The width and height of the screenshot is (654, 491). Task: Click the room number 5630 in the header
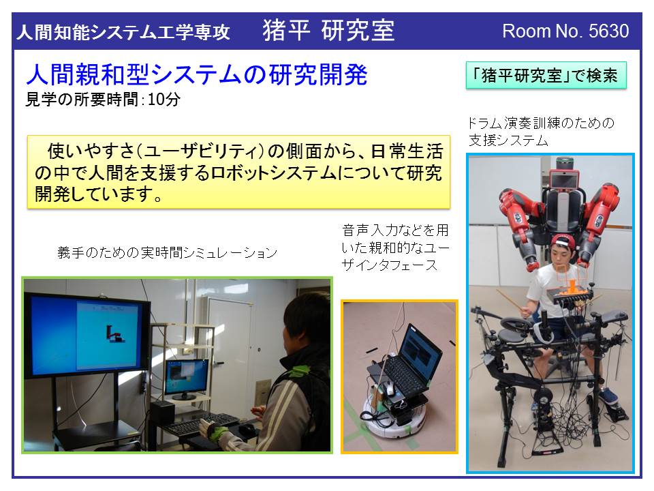(x=608, y=31)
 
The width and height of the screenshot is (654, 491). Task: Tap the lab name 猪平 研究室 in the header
(x=328, y=31)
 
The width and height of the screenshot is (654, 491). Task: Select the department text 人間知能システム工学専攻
(x=123, y=32)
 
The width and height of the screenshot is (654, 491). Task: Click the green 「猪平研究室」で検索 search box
(x=546, y=76)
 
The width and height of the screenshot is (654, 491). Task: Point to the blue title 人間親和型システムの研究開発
(x=196, y=75)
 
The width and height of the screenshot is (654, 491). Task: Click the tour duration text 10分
(x=164, y=100)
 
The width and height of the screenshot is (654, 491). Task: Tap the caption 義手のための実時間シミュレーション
(x=168, y=252)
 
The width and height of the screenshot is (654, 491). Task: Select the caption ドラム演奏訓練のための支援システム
(x=541, y=132)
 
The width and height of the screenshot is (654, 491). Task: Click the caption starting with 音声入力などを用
(x=395, y=247)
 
